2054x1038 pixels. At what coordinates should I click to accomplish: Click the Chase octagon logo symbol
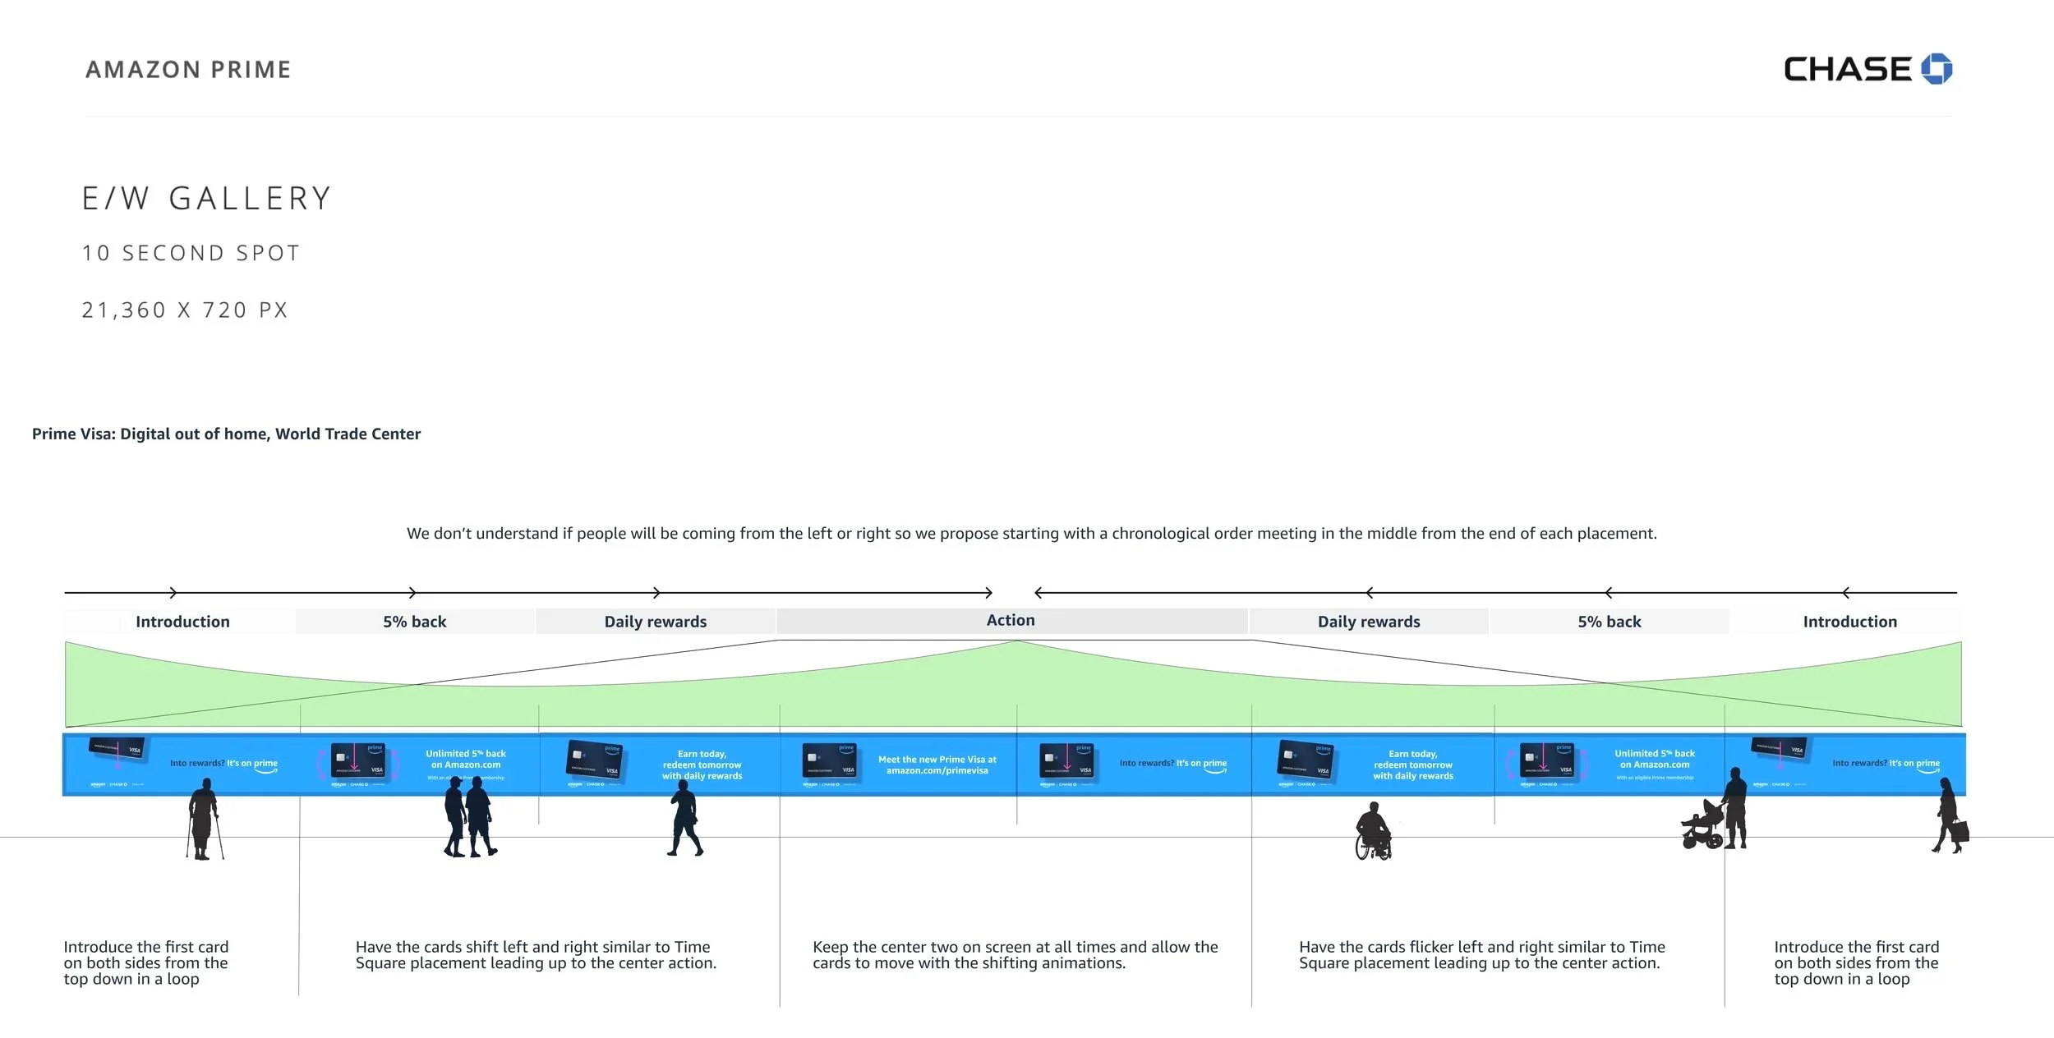click(1937, 69)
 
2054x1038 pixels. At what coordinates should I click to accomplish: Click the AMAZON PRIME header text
click(188, 70)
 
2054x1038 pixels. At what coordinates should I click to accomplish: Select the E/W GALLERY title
click(206, 199)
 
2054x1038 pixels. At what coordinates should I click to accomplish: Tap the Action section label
click(1011, 621)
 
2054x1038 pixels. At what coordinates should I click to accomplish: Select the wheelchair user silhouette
click(1373, 832)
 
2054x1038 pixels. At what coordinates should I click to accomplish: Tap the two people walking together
click(470, 817)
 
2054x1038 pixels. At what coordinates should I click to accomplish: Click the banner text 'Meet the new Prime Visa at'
click(937, 760)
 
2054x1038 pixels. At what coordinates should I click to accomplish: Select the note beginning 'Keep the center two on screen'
click(1015, 955)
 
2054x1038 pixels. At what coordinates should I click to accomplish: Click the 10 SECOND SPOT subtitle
click(191, 253)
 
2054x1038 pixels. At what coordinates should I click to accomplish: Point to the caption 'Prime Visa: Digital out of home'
click(226, 434)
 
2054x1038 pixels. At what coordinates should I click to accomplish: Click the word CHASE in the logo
click(1848, 70)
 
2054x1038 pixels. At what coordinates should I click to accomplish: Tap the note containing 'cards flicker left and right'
click(1481, 955)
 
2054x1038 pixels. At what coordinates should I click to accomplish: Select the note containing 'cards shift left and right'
click(536, 955)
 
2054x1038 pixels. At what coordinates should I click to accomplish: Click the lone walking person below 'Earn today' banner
click(684, 819)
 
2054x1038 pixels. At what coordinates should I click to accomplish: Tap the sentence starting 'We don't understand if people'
click(1031, 534)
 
